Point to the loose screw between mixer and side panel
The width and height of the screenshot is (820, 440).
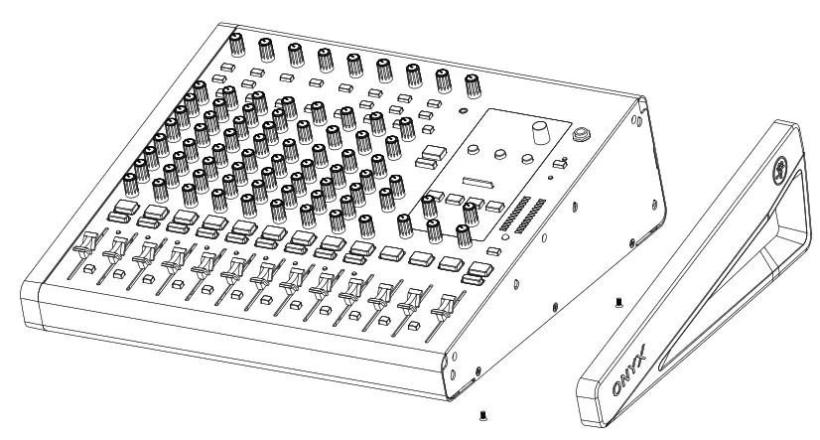(616, 299)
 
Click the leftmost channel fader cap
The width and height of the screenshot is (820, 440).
(85, 242)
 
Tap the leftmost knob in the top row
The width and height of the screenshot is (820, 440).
(237, 44)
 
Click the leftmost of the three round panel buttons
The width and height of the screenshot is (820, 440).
(473, 149)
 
